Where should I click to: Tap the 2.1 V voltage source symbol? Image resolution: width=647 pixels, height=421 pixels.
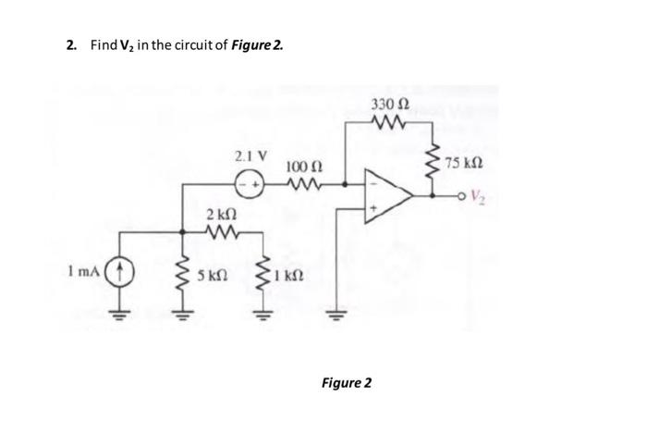coord(248,183)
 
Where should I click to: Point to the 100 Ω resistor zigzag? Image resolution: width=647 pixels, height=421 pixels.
coord(302,184)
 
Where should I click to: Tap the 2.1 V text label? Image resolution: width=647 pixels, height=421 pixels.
coord(246,155)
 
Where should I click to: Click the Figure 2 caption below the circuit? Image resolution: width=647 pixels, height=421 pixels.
coord(345,382)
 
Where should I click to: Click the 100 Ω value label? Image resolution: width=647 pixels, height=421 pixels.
coord(302,167)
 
